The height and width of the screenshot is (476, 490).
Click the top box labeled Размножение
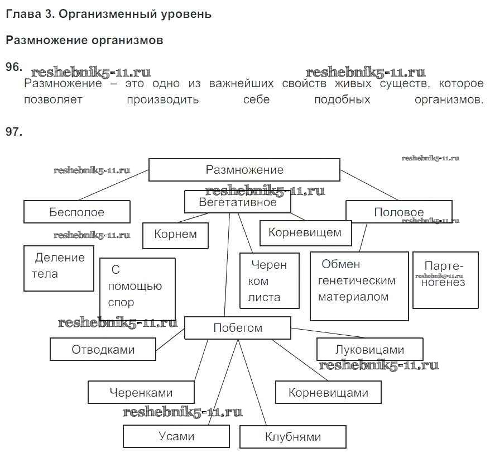pyautogui.click(x=244, y=170)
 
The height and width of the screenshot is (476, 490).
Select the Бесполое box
pyautogui.click(x=76, y=212)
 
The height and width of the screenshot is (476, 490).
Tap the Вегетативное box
pyautogui.click(x=238, y=202)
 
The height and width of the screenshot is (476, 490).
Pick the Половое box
pyautogui.click(x=398, y=212)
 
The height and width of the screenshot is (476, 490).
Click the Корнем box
pyautogui.click(x=175, y=235)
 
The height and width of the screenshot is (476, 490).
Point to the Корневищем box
pyautogui.click(x=305, y=233)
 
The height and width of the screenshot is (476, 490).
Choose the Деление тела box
pyautogui.click(x=59, y=268)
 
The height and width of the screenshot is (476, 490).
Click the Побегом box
pyautogui.click(x=238, y=328)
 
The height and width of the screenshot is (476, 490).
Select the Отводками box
pyautogui.click(x=103, y=350)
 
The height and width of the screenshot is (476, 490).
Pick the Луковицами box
pyautogui.click(x=369, y=350)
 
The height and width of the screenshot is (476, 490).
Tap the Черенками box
pyautogui.click(x=141, y=392)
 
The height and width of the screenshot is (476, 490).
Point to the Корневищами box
pyautogui.click(x=328, y=392)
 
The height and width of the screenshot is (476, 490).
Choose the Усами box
pyautogui.click(x=176, y=436)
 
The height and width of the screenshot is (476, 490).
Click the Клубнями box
pyautogui.click(x=293, y=437)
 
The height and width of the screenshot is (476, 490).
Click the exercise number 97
pyautogui.click(x=13, y=132)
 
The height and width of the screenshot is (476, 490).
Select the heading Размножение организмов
pyautogui.click(x=84, y=41)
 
